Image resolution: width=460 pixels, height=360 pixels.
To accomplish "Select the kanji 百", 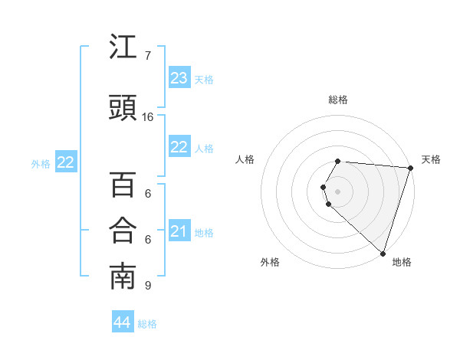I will point(123,185).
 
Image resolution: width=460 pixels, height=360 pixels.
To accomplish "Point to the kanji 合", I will point(123,231).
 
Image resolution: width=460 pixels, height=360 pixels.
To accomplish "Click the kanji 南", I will point(123,277).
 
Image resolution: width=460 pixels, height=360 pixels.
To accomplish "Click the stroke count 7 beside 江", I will point(148,56).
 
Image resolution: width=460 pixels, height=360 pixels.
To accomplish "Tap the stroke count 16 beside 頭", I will point(148,117).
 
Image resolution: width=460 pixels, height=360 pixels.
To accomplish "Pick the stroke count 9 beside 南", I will point(148,286).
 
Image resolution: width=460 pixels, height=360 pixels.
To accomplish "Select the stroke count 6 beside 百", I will point(148,193).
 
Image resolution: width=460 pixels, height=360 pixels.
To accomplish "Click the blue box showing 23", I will point(179,78).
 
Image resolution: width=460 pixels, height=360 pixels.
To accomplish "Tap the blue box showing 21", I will point(179,231).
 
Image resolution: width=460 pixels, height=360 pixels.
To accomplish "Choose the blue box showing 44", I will point(123,322).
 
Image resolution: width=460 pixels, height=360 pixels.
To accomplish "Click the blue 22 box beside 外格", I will point(66,162).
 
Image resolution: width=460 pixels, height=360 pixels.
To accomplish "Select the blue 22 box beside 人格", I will point(179,147).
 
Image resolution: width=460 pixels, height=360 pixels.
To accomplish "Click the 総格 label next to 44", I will point(147,324).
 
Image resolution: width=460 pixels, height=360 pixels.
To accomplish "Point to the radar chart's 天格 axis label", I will point(431,159).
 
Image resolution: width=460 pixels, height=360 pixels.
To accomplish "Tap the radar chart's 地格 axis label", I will point(402,262).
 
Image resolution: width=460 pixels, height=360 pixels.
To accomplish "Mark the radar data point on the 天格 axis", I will point(410,168).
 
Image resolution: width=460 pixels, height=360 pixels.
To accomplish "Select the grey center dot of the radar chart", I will point(338,191).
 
